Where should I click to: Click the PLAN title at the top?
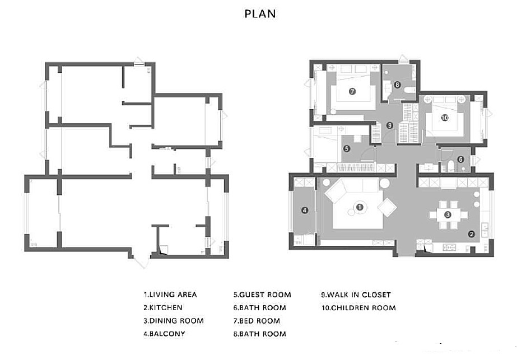[260, 14]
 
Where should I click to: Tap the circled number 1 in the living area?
[360, 207]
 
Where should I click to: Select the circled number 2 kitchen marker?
[472, 234]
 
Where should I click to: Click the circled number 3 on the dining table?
[448, 214]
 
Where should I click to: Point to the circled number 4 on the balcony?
[305, 210]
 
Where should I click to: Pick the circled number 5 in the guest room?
[347, 149]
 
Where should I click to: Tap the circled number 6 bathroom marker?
[460, 160]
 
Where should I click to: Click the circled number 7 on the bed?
[352, 91]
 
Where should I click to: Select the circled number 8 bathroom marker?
[397, 85]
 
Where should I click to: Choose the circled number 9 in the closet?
[390, 125]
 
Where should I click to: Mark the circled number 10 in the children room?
[445, 118]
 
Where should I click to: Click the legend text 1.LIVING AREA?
[170, 294]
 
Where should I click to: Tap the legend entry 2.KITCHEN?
[163, 307]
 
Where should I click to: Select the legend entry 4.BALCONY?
[164, 334]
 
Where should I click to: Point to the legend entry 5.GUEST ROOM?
[262, 294]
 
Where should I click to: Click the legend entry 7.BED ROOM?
[257, 321]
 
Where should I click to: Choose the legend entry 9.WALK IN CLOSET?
[356, 294]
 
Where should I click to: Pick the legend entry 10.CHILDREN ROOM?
[358, 308]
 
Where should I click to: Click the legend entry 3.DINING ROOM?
[174, 321]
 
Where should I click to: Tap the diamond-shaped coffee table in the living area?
[387, 207]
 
